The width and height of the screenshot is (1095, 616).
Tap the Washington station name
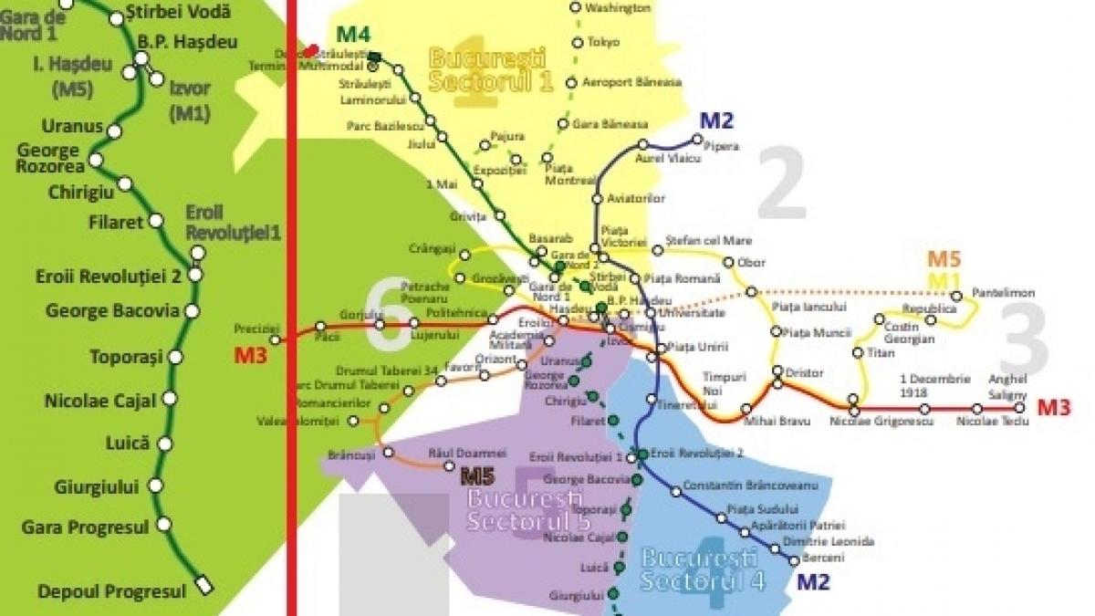618,8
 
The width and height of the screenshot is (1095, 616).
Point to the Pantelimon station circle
956,296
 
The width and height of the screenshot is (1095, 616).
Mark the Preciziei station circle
276,339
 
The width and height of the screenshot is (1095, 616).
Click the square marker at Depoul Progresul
204,586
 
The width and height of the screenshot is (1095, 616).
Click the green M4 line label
353,35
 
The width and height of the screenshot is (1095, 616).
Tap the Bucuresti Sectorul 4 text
699,569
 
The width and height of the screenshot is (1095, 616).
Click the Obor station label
751,262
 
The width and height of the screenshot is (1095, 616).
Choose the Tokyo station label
603,42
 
